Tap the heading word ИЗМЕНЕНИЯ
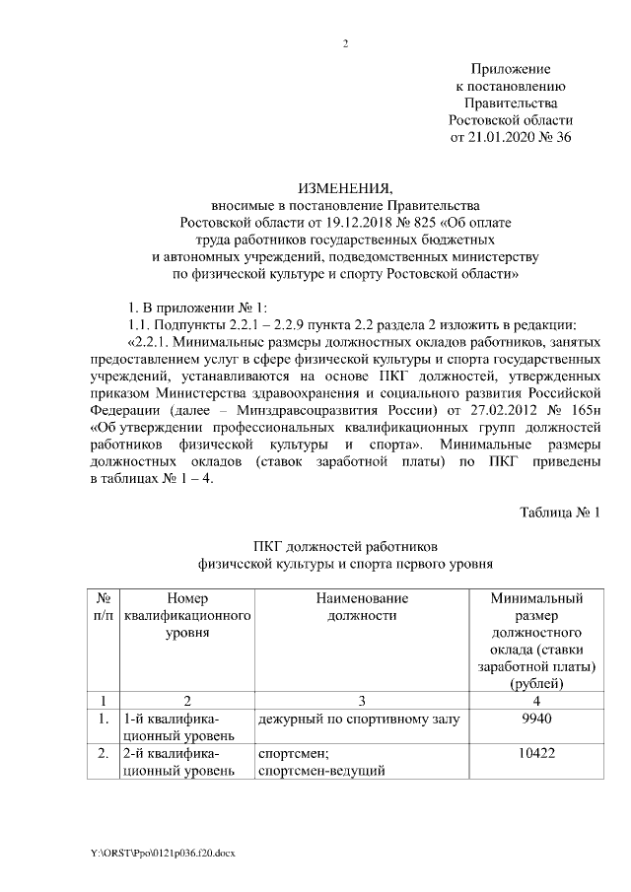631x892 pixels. (344, 188)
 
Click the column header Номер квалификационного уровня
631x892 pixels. (187, 616)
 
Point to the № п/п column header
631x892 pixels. (104, 607)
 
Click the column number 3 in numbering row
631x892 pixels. (362, 700)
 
